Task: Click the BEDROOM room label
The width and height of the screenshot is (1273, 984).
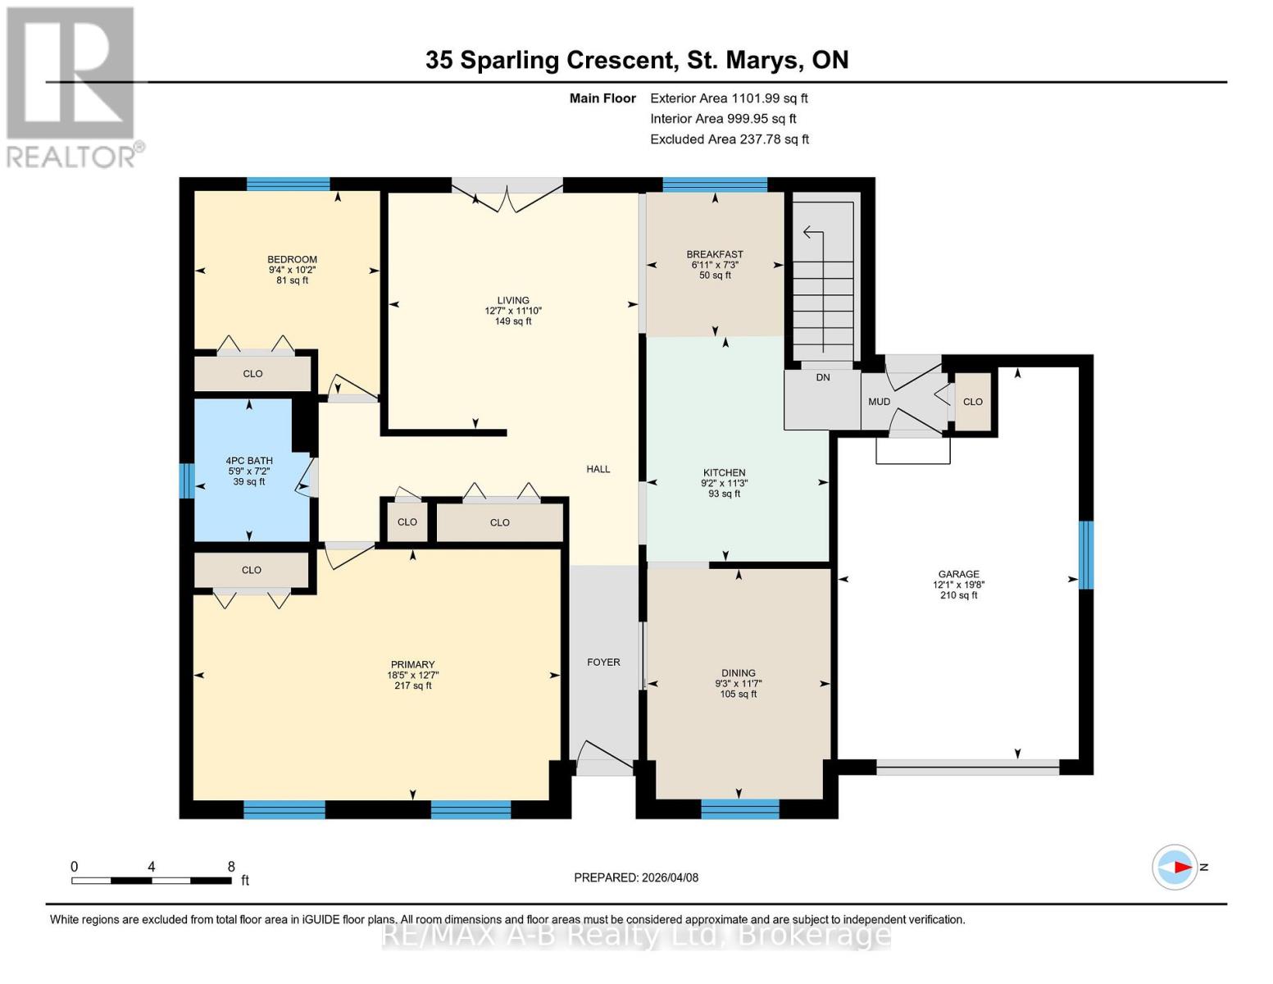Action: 292,259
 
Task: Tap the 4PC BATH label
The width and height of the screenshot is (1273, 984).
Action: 249,461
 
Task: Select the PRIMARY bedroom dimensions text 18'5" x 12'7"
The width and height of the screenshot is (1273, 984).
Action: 412,676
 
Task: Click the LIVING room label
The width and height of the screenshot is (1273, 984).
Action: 513,300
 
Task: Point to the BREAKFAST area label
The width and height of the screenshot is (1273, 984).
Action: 715,254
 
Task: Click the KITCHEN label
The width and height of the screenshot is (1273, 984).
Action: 724,472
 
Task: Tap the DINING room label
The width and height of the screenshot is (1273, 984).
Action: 738,672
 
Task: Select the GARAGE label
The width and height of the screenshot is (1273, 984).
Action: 958,574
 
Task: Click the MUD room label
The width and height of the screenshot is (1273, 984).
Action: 879,402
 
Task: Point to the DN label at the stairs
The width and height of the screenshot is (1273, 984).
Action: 823,377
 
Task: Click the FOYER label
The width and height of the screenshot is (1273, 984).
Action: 603,662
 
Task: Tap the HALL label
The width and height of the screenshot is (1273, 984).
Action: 598,469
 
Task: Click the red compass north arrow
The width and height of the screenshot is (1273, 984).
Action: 1180,867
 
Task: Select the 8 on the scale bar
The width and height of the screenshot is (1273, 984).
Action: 231,867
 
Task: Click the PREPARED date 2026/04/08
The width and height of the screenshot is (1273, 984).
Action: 636,877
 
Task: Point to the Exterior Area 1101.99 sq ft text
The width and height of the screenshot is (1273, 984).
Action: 729,98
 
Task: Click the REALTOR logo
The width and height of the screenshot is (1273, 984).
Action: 72,86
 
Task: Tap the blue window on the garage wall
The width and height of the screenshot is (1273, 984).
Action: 1085,555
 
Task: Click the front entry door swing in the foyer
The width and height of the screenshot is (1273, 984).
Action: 603,756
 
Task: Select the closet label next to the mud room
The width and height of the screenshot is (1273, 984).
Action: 972,402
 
